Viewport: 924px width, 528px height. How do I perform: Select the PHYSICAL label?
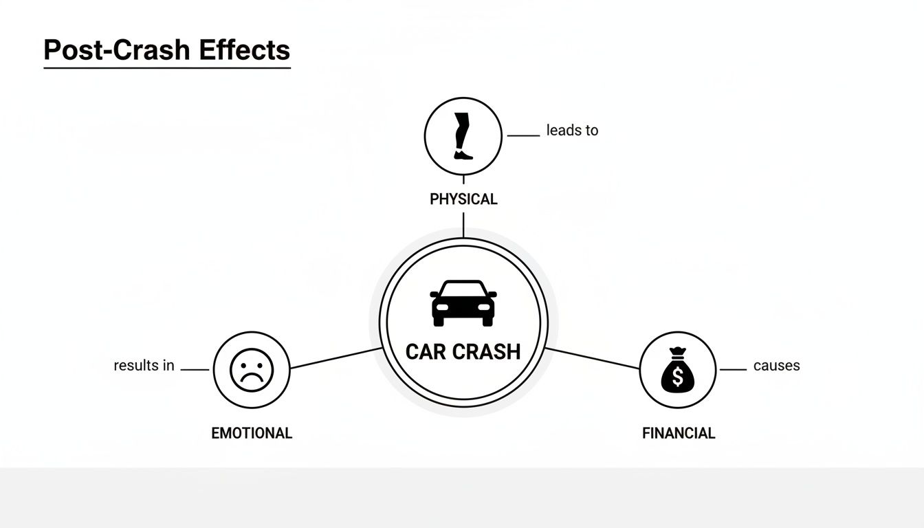(463, 199)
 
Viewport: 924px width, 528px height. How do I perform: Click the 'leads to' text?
(572, 131)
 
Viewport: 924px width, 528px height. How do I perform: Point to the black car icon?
(463, 302)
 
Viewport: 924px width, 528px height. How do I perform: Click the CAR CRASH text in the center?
(463, 352)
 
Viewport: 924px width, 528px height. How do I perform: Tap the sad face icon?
(252, 370)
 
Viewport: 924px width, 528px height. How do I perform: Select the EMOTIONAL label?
(252, 433)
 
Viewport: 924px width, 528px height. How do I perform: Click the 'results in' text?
(144, 366)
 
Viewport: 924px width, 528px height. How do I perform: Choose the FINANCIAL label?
(679, 433)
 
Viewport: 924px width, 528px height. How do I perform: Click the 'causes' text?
(776, 366)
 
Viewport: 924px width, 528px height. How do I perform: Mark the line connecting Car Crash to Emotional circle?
(335, 358)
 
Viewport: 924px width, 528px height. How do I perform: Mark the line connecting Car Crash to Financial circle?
(592, 358)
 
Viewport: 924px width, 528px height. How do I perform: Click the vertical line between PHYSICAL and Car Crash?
(463, 225)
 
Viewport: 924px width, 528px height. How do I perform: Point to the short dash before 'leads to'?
(522, 135)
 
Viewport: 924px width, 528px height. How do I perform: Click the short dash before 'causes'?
(733, 370)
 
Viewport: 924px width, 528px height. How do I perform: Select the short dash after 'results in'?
(195, 370)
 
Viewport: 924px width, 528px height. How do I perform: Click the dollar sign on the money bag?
(677, 377)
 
